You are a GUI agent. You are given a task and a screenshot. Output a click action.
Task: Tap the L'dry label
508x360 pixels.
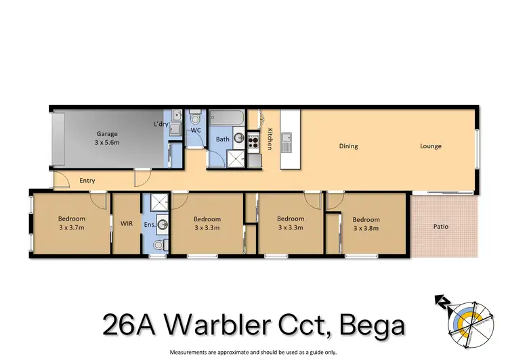pyautogui.click(x=161, y=124)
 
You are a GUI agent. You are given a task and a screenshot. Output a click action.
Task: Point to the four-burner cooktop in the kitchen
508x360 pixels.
pyautogui.click(x=253, y=142)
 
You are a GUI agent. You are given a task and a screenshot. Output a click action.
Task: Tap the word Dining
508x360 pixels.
pyautogui.click(x=349, y=146)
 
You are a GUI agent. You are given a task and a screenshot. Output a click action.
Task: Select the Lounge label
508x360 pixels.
pyautogui.click(x=430, y=146)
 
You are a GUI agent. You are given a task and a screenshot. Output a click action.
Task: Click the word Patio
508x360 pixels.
pyautogui.click(x=440, y=227)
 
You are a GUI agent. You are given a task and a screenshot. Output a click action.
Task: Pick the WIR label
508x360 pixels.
pyautogui.click(x=126, y=223)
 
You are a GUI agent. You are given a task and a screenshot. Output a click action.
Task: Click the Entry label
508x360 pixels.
pyautogui.click(x=87, y=181)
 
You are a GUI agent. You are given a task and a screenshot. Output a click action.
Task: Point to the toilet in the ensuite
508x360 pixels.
pyautogui.click(x=158, y=245)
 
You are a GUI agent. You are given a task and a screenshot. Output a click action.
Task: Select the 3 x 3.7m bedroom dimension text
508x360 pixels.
pyautogui.click(x=71, y=228)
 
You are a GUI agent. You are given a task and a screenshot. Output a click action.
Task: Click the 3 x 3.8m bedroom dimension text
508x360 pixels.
pyautogui.click(x=366, y=229)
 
